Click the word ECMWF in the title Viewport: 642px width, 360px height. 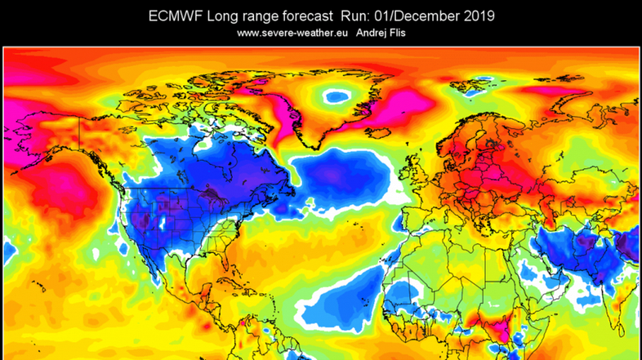pos(173,16)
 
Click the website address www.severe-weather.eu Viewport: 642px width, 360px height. pos(293,33)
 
